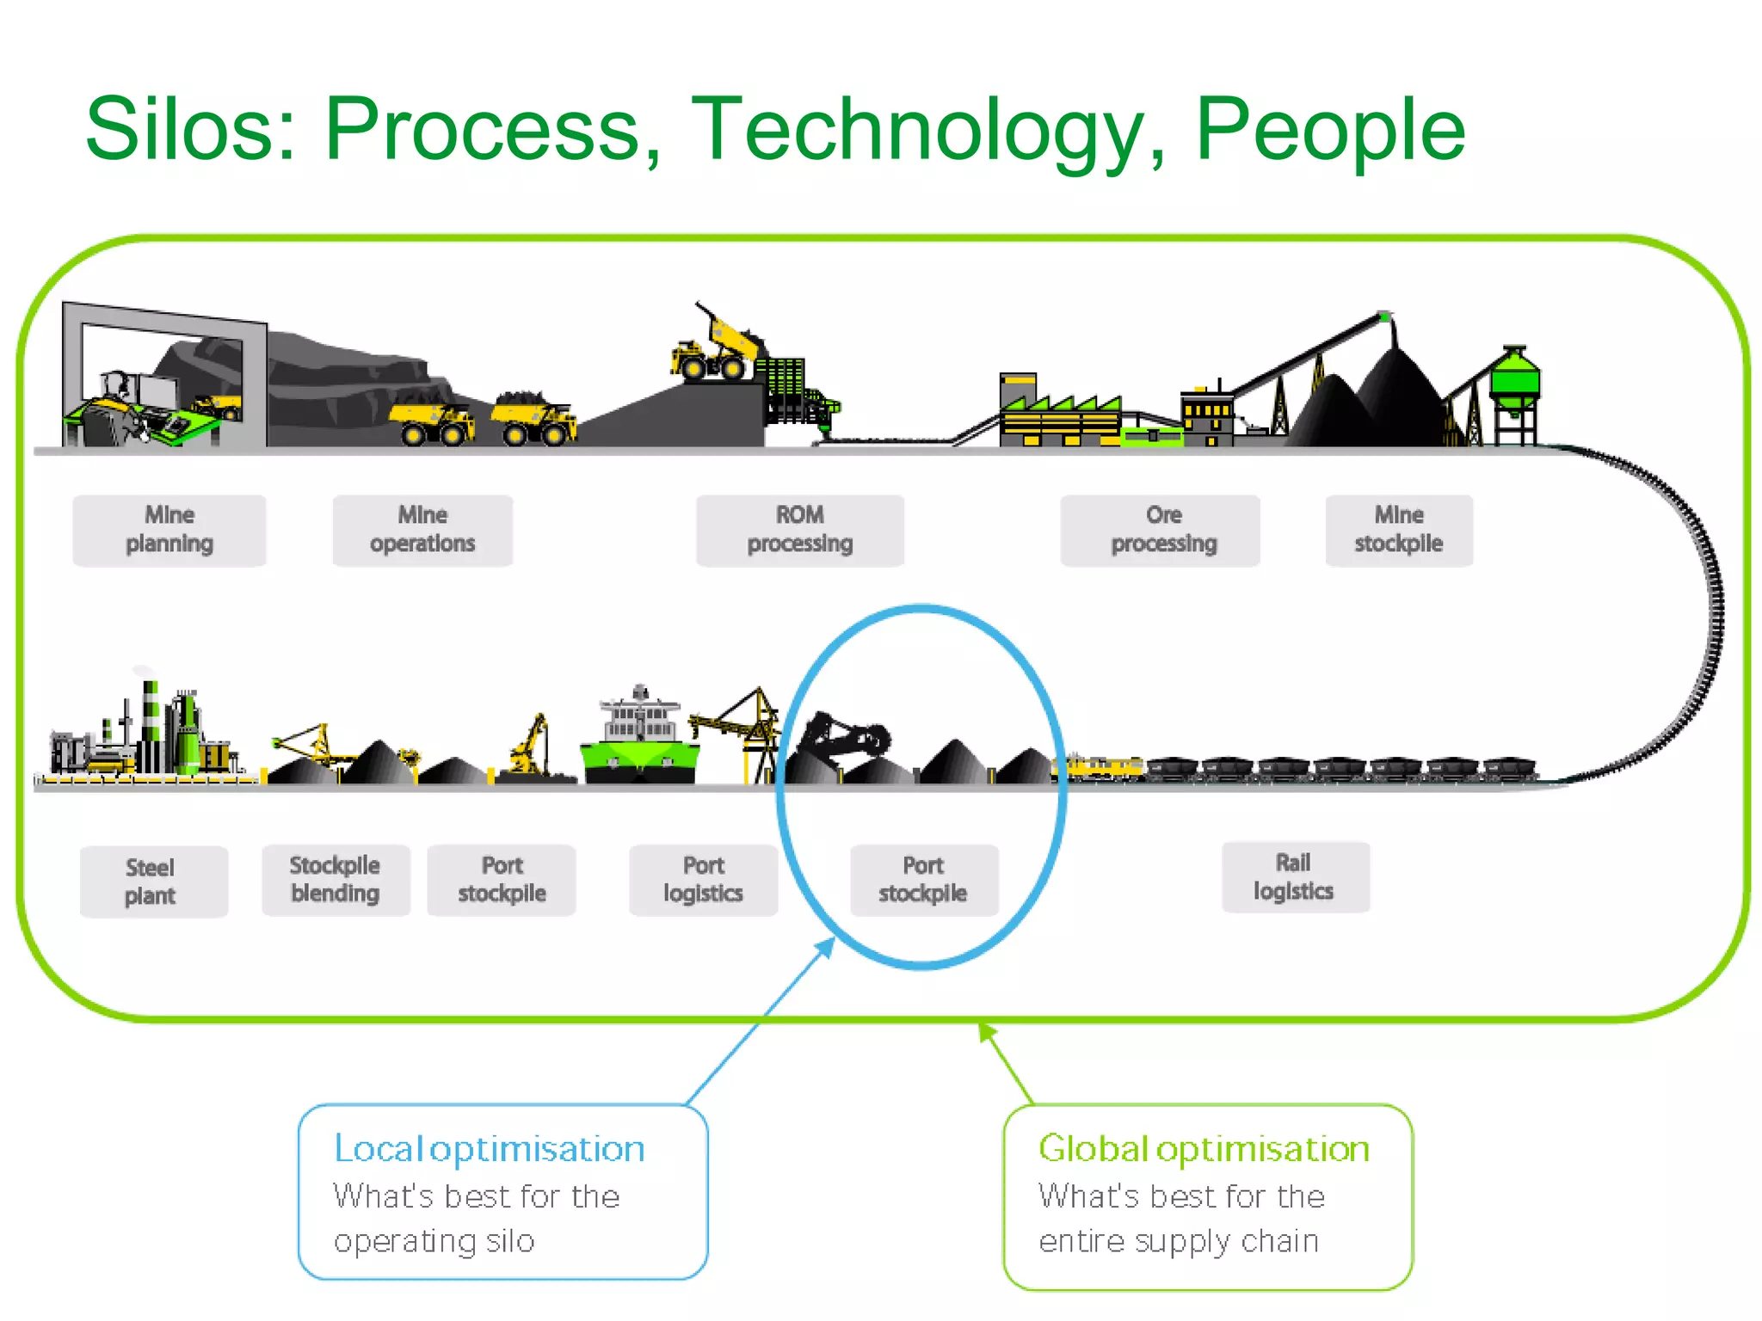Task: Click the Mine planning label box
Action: pos(169,530)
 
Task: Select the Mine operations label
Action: pos(422,530)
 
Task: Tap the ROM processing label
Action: pos(799,530)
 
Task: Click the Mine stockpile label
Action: pos(1398,530)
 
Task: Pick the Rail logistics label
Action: pos(1295,876)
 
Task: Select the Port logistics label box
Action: pos(703,879)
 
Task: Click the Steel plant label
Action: pos(153,882)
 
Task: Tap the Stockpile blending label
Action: pos(336,879)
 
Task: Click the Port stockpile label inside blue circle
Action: pos(923,879)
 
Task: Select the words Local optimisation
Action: pos(489,1149)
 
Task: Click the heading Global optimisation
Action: pos(1203,1149)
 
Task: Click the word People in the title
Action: pos(1329,129)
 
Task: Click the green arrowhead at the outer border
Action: pos(986,1031)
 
